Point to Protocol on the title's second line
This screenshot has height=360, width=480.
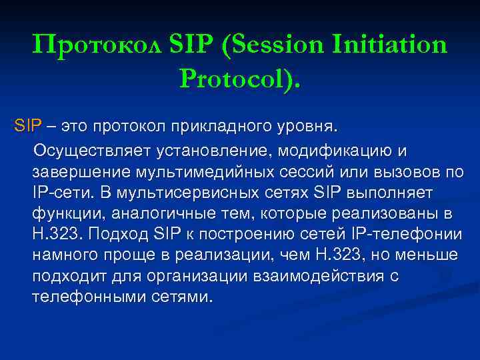click(237, 79)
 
